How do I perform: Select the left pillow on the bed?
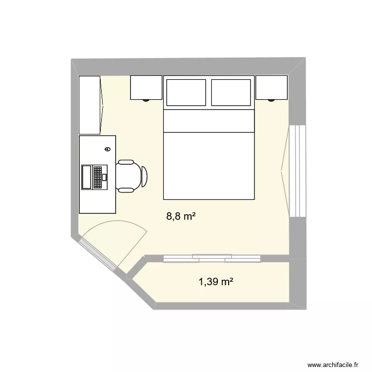tap(186, 92)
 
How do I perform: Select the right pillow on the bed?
tap(231, 92)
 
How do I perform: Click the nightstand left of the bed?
tap(146, 87)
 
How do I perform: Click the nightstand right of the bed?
tap(271, 87)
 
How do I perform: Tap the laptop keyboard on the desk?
tap(100, 177)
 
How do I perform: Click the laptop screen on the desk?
tap(87, 177)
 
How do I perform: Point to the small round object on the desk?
tap(107, 149)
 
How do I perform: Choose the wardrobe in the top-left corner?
tap(90, 105)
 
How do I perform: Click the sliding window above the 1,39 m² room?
tap(212, 257)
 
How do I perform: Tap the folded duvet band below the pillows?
tap(208, 121)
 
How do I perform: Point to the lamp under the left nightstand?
tap(146, 100)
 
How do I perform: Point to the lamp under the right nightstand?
tap(271, 100)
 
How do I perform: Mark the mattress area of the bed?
tap(208, 166)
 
